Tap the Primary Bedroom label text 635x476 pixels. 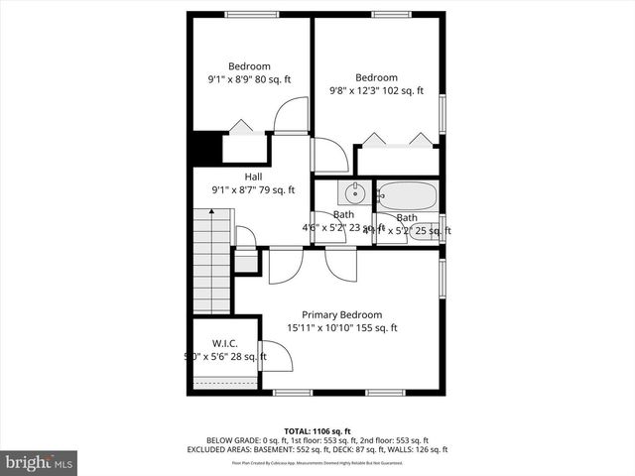click(x=340, y=315)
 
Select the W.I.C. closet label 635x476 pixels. click(x=224, y=343)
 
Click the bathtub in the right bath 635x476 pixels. click(x=408, y=194)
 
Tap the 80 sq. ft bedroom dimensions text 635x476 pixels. click(x=248, y=80)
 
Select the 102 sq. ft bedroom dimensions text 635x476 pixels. click(x=376, y=91)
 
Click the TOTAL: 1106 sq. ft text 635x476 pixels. click(x=317, y=431)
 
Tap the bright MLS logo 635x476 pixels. click(x=40, y=462)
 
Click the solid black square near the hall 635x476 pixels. click(x=205, y=149)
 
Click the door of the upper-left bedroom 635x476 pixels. click(x=291, y=117)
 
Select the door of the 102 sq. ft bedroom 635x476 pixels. click(x=330, y=156)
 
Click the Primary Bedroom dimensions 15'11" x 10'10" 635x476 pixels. click(x=341, y=328)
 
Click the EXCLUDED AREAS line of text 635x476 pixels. click(x=317, y=449)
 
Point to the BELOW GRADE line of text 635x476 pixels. click(x=317, y=440)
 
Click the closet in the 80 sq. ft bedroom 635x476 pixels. click(x=244, y=147)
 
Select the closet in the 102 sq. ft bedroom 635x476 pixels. click(x=396, y=159)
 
